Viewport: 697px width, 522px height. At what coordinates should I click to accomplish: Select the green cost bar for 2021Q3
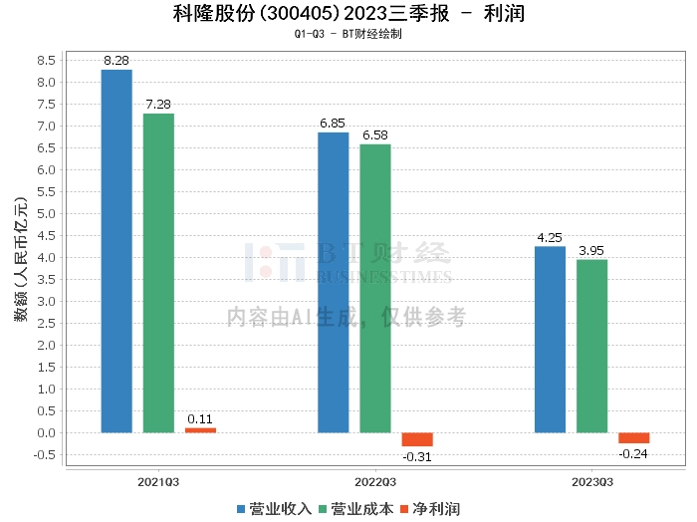click(158, 273)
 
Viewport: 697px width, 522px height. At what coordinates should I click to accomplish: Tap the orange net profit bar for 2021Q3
click(200, 430)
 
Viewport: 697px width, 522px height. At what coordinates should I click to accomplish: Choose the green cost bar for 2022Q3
click(375, 288)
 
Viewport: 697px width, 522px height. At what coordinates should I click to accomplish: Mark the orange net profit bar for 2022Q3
click(417, 439)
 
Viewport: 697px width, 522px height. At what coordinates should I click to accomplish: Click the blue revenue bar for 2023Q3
click(550, 340)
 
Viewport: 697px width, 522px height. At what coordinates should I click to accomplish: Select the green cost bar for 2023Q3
click(591, 346)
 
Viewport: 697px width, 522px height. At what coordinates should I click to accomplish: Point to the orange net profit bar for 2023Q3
click(633, 438)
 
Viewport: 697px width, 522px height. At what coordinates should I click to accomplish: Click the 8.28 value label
click(116, 61)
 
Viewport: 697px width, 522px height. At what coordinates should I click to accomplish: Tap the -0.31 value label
click(417, 456)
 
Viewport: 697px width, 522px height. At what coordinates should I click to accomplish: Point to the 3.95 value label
click(591, 251)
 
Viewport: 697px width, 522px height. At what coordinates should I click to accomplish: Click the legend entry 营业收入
click(274, 508)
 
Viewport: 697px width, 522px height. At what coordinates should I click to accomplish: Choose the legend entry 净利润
click(430, 508)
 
